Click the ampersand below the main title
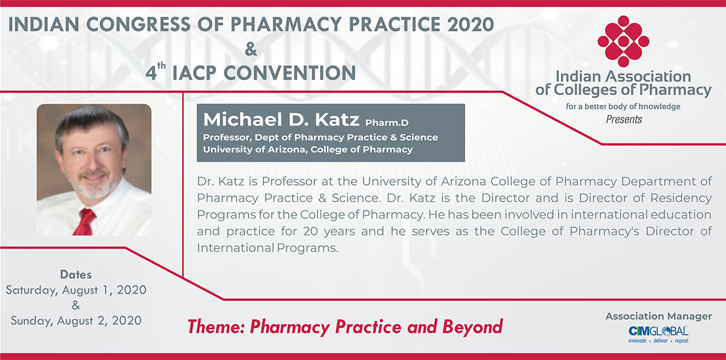pos(250,49)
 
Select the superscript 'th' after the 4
pos(162,66)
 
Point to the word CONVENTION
pos(290,73)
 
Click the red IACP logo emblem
pos(623,41)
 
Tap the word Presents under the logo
pos(624,120)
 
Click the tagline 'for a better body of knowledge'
pos(623,106)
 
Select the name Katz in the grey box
pos(337,119)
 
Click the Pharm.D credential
pos(387,123)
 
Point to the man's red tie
pos(85,222)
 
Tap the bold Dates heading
pos(76,275)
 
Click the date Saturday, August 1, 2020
pos(76,290)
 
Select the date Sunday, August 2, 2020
pos(76,321)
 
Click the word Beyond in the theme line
pos(473,327)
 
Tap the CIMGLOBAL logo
pos(658,335)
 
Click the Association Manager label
pos(659,316)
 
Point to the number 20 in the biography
pos(310,231)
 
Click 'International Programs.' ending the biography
pos(267,248)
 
